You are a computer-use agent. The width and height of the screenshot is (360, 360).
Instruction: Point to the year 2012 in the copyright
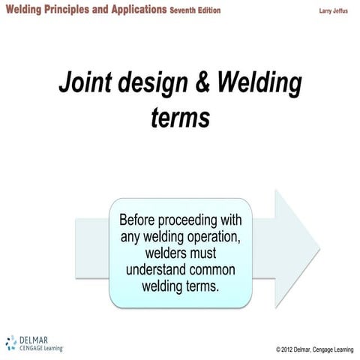click(x=291, y=349)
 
